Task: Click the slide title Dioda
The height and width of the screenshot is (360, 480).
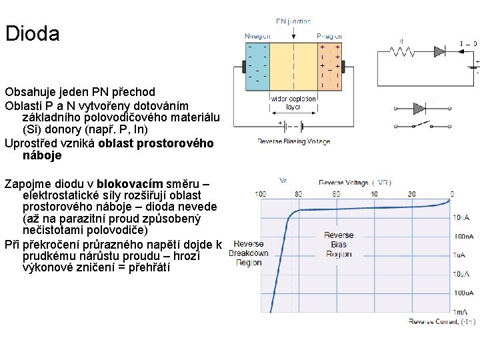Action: coord(32,34)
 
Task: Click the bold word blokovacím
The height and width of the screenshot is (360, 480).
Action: coord(128,184)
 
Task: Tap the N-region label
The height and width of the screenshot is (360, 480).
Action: coord(257,36)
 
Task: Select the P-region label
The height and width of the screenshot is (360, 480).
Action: coord(329,36)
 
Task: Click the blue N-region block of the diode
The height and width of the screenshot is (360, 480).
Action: coord(257,66)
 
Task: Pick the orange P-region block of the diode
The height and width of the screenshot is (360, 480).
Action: coord(329,66)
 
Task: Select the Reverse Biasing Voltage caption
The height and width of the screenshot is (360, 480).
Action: coord(293,141)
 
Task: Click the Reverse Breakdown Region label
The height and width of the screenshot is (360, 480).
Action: coord(248,253)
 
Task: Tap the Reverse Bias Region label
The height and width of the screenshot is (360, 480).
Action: coord(339,244)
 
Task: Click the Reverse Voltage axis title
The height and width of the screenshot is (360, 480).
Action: coord(355,182)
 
